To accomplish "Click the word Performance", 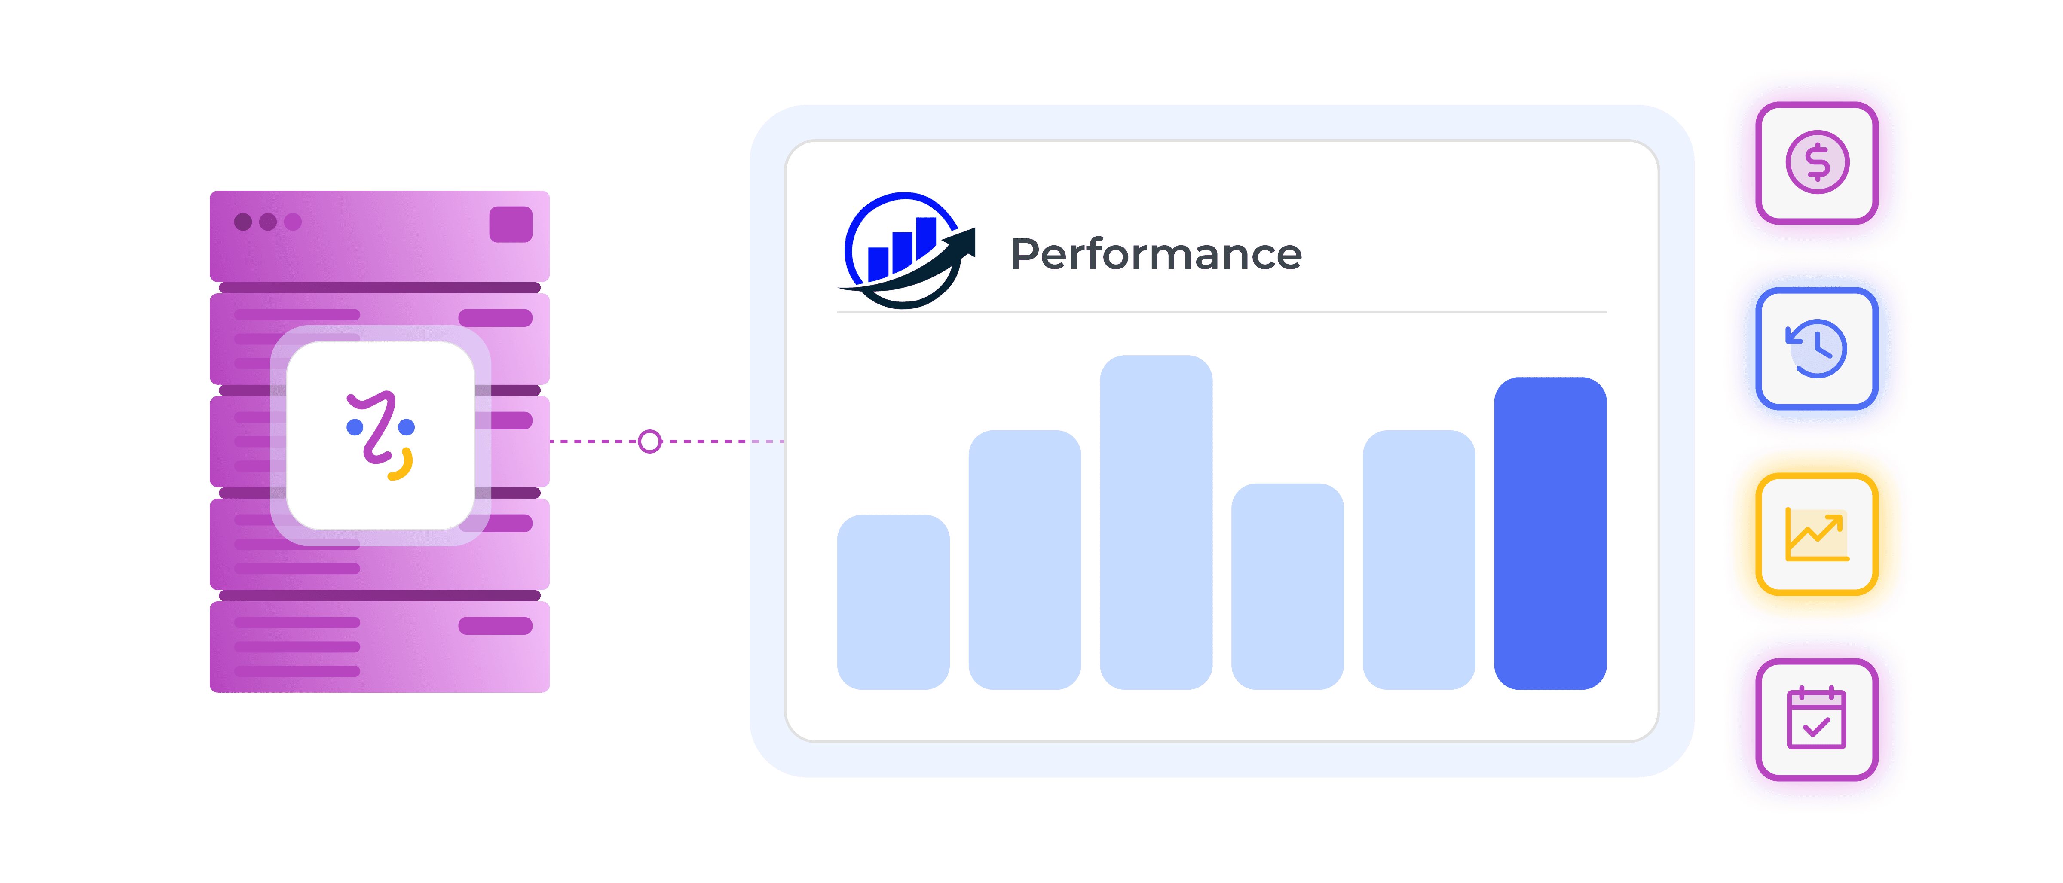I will click(x=1156, y=255).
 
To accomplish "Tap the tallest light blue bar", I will click(x=1156, y=522).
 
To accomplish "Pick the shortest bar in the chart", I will click(x=893, y=602).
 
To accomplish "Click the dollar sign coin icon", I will click(x=1817, y=162).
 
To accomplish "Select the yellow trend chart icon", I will click(x=1817, y=534).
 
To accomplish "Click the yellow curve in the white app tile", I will click(x=402, y=466).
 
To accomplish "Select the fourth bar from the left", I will click(x=1287, y=586).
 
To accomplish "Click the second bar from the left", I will click(x=1024, y=560).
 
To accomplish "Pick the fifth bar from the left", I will click(x=1418, y=560).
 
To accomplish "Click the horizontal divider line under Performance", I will click(x=1221, y=311).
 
